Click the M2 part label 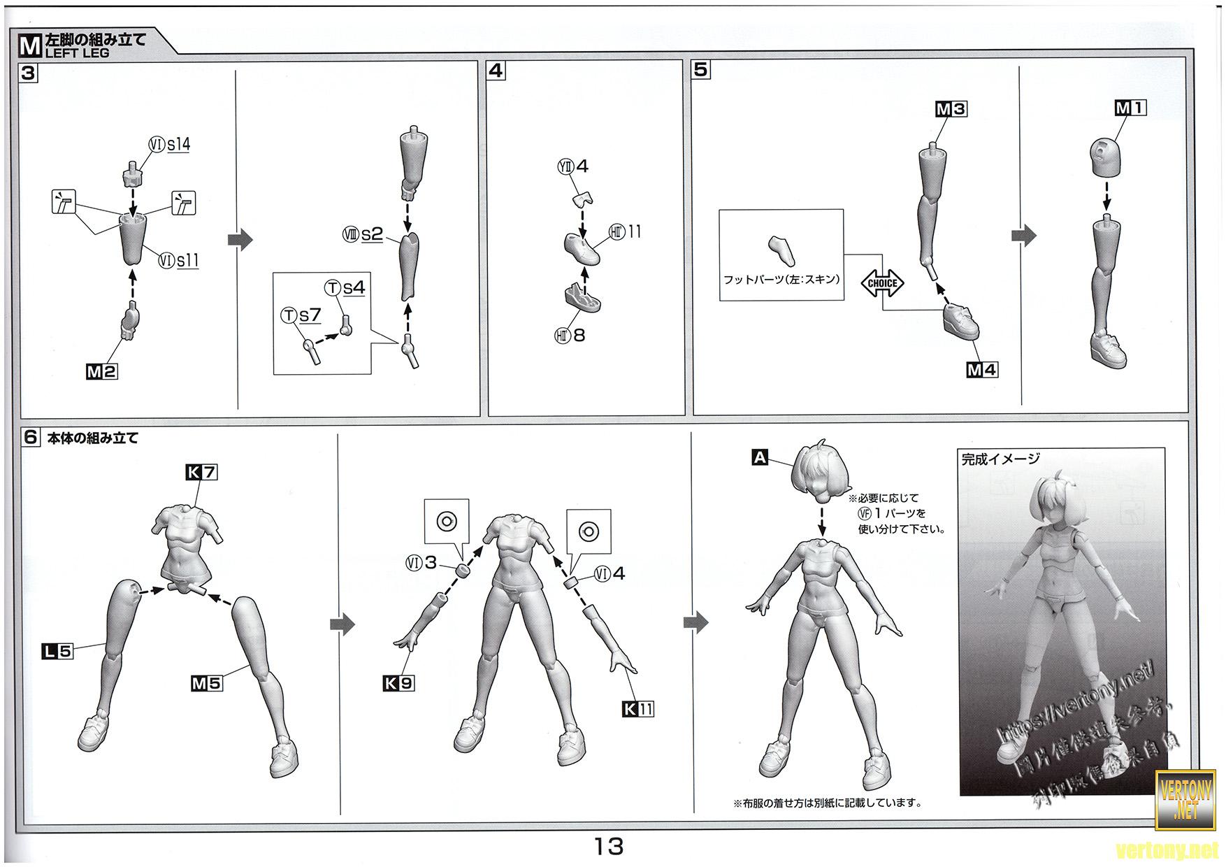point(101,372)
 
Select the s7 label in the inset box point(309,315)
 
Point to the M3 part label point(951,109)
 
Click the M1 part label point(1130,108)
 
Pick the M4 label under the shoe point(982,370)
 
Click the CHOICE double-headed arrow point(882,283)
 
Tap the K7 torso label point(201,473)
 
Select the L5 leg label point(57,652)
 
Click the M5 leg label point(206,683)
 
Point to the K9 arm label point(398,683)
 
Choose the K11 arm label point(638,709)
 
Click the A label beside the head point(760,458)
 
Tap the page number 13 point(609,847)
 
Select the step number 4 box point(496,71)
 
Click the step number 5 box point(700,70)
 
